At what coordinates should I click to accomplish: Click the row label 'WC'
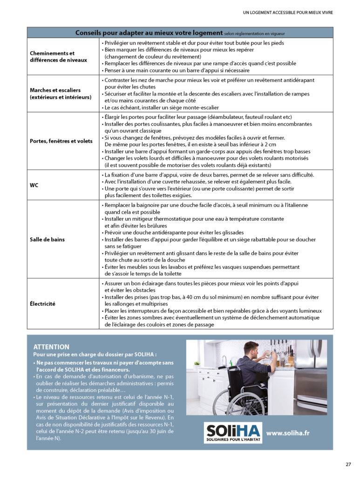[34, 185]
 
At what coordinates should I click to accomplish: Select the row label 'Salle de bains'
[47, 239]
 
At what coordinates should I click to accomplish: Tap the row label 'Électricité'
[42, 304]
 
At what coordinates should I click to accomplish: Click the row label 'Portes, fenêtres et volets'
[61, 141]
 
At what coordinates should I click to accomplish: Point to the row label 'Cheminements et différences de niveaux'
[58, 56]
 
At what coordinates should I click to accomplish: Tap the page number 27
[348, 464]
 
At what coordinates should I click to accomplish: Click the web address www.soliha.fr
[288, 433]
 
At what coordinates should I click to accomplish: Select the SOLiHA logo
[233, 433]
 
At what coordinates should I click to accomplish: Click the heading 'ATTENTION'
[51, 347]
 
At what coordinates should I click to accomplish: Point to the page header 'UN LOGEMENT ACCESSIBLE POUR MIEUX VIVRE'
[288, 12]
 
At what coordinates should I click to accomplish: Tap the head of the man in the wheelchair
[251, 348]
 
